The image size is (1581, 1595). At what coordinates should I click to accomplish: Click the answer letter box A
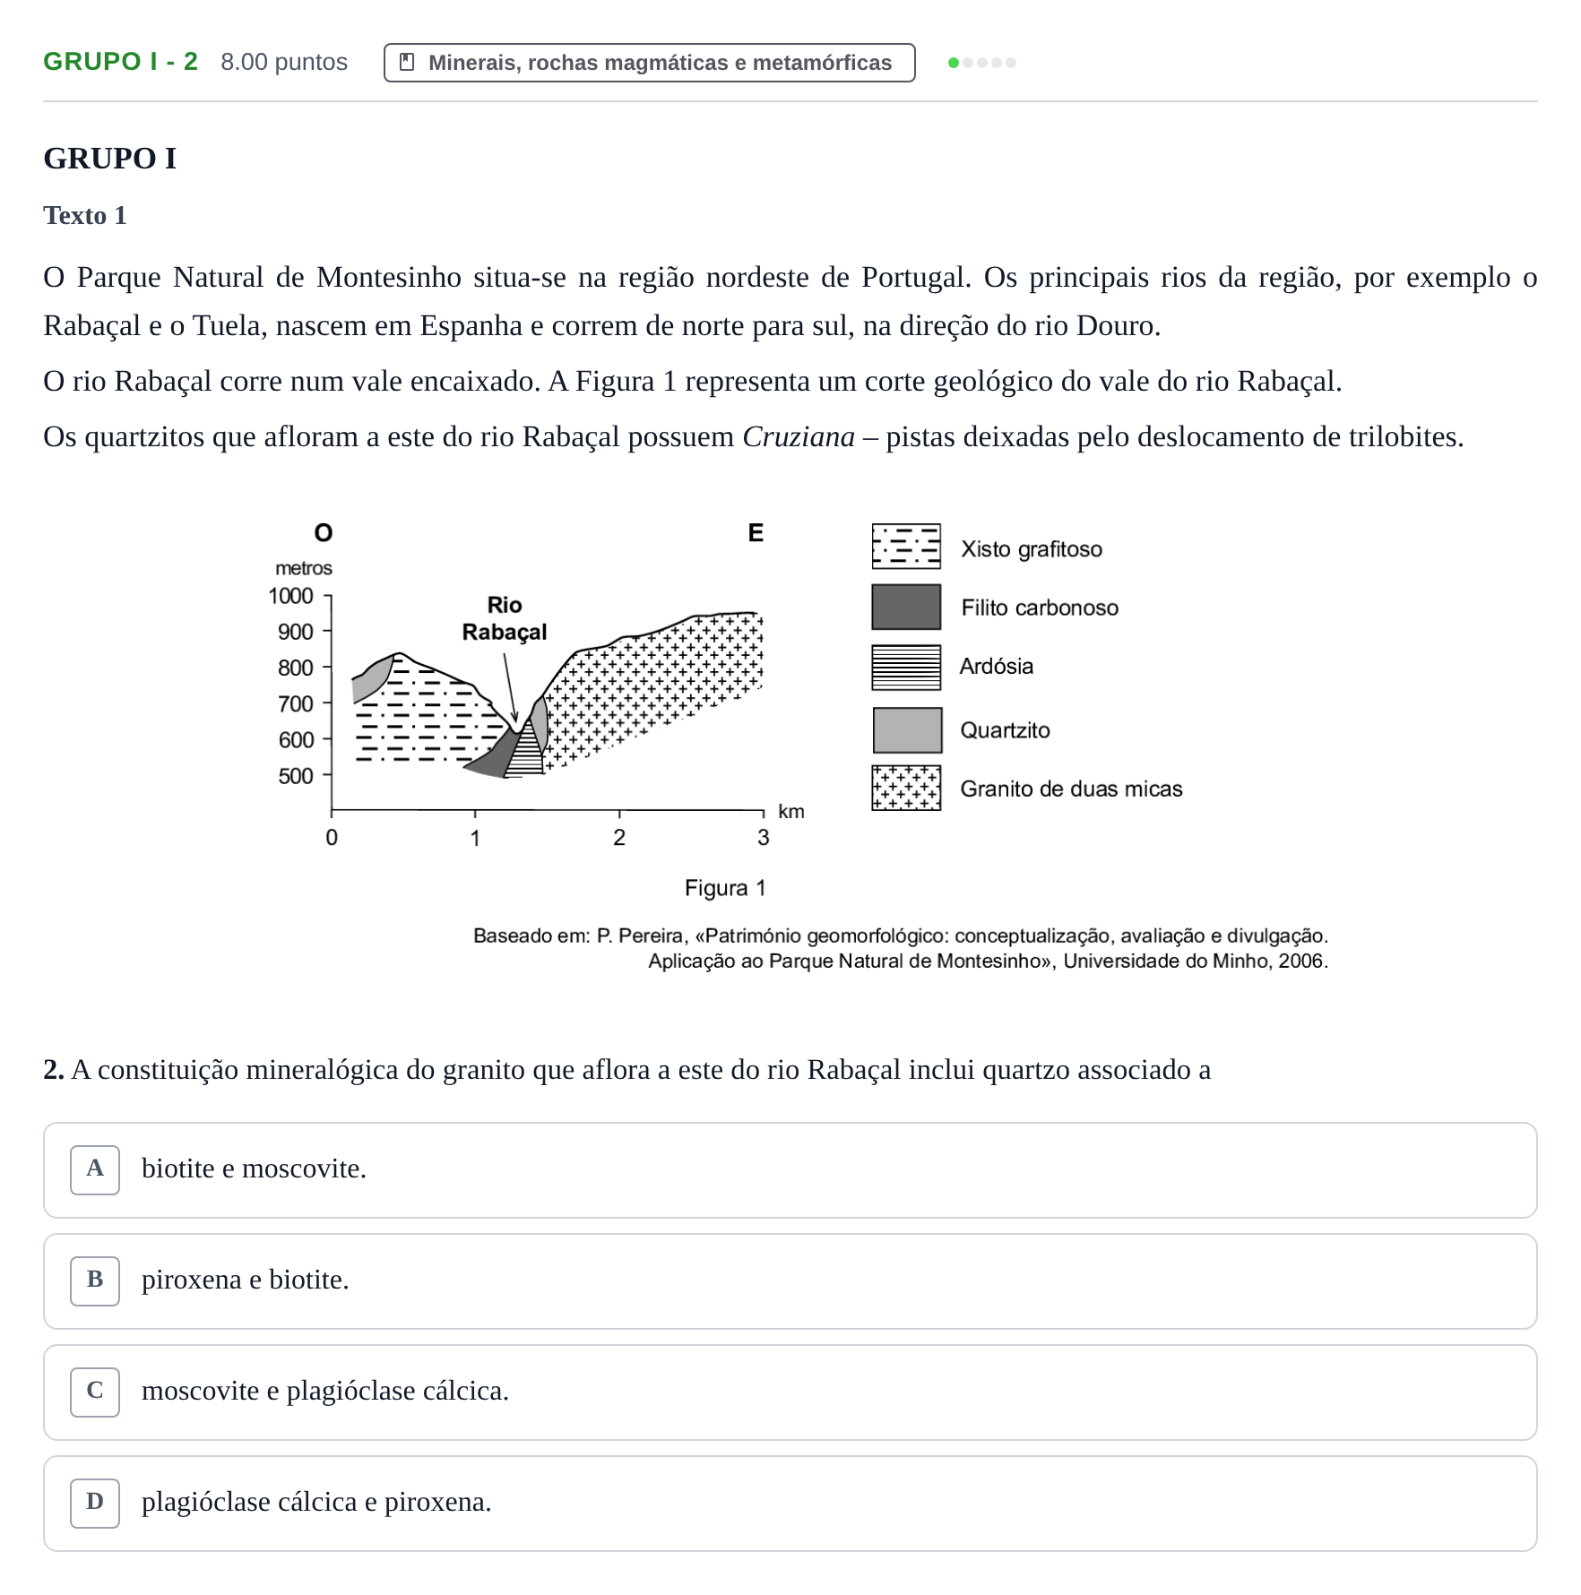(95, 1169)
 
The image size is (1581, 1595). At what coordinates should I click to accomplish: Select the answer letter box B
(95, 1280)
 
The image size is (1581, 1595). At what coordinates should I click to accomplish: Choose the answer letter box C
(95, 1392)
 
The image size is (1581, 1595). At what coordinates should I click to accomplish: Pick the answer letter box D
(95, 1503)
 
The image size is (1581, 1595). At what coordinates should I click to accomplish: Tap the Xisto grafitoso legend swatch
(906, 547)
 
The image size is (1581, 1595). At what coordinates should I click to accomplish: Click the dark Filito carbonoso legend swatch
(906, 607)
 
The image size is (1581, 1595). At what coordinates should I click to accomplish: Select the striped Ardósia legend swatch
(906, 668)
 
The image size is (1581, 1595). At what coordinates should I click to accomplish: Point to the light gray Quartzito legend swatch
(907, 730)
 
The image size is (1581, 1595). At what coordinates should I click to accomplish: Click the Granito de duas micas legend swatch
(906, 788)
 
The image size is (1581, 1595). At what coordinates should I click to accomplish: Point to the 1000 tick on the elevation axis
(327, 596)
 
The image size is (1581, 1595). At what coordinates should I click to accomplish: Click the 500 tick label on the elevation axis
(296, 776)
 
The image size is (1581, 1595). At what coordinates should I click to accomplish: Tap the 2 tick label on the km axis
(619, 838)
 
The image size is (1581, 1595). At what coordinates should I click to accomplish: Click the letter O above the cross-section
(324, 533)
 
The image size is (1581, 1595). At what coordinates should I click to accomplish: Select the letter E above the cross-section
(756, 533)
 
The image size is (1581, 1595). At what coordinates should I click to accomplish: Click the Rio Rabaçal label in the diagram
(505, 618)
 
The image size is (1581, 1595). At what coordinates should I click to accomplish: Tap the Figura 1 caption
(725, 888)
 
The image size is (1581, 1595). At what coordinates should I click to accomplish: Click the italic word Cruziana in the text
(799, 436)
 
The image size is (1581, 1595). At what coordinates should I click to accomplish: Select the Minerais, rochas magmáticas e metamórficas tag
(650, 63)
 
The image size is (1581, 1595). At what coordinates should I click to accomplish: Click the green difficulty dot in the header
(954, 63)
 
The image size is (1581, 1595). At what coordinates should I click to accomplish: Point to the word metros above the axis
(304, 568)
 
